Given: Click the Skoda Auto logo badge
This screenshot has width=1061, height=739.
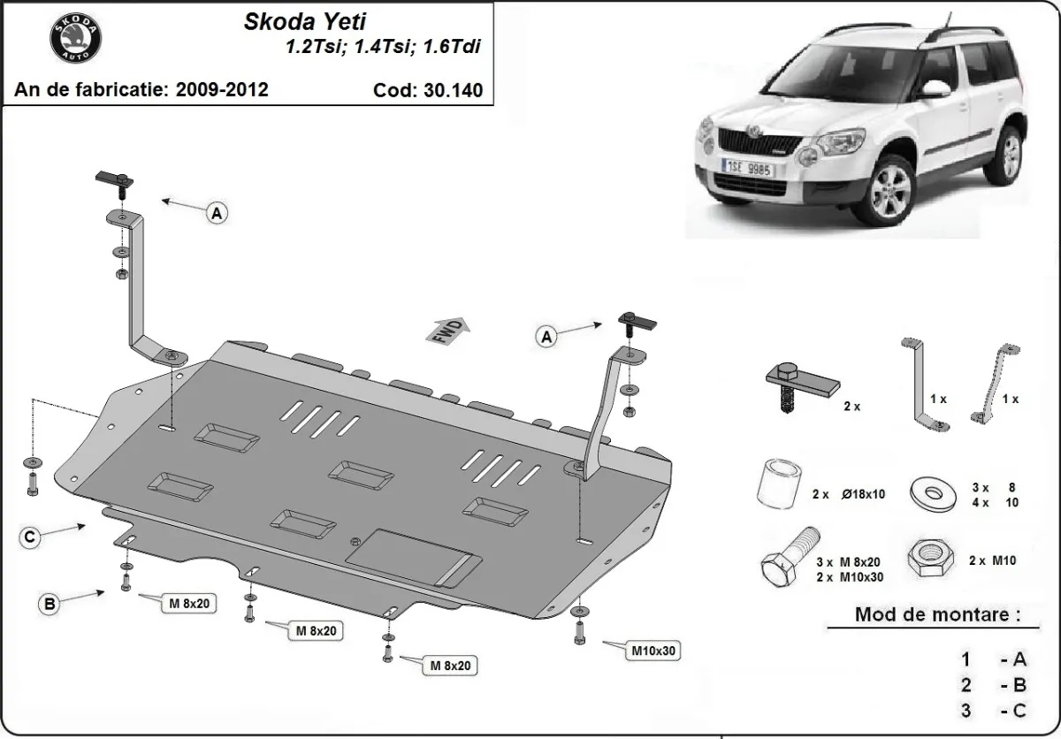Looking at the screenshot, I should tap(75, 38).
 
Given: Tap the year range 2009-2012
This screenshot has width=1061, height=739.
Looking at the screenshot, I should tap(224, 89).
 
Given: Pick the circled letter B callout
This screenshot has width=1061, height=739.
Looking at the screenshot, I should tap(49, 604).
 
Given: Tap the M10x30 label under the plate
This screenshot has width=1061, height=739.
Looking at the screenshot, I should tap(653, 651).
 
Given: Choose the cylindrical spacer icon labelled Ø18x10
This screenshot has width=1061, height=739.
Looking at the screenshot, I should tap(778, 484).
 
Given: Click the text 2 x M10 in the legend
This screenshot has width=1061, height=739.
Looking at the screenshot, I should tap(992, 560).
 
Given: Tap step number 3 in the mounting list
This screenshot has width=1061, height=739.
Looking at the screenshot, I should tap(966, 710).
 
